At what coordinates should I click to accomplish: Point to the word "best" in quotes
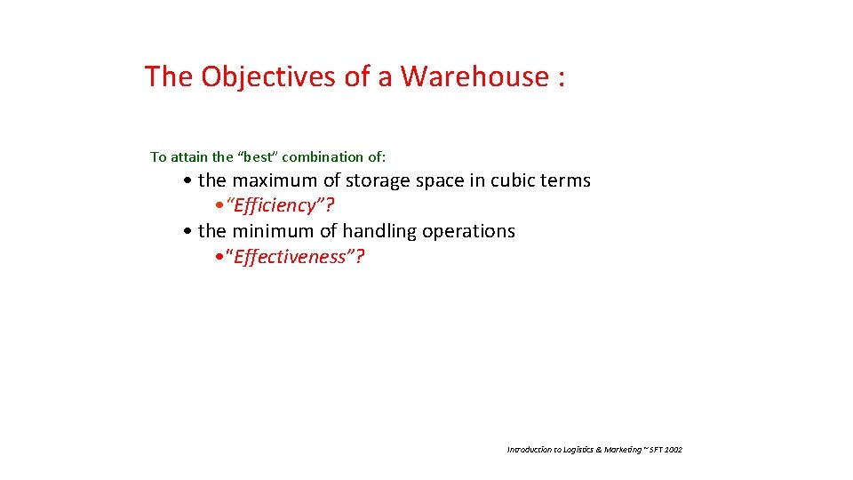pos(259,156)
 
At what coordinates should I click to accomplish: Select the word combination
pos(324,156)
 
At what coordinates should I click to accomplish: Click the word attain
pos(190,156)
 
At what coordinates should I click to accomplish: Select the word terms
pos(567,180)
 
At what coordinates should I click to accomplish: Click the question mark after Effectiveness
pos(360,257)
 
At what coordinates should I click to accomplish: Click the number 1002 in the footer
pos(674,450)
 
